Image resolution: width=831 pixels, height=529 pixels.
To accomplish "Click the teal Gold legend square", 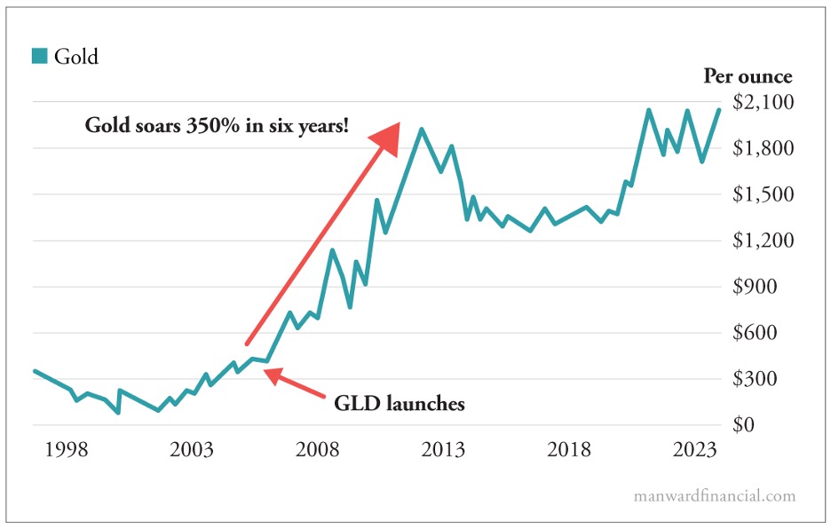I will click(39, 57).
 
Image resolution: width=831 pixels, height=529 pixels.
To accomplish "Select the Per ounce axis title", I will click(748, 76).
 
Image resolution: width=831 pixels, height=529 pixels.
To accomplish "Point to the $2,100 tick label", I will click(763, 102).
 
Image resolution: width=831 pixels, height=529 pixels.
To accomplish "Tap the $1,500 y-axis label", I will click(763, 194).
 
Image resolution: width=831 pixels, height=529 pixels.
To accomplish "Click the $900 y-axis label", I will click(768, 287).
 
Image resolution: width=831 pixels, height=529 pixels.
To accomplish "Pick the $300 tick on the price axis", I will click(768, 379).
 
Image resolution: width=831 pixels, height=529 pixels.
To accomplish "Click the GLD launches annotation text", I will click(399, 404).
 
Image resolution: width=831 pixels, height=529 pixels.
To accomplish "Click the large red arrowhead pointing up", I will click(387, 138).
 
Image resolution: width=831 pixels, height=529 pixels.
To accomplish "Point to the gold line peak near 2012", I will click(421, 130).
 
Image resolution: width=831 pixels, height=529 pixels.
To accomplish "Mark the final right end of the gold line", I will click(719, 109).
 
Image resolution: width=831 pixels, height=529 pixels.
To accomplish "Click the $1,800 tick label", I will click(763, 148).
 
